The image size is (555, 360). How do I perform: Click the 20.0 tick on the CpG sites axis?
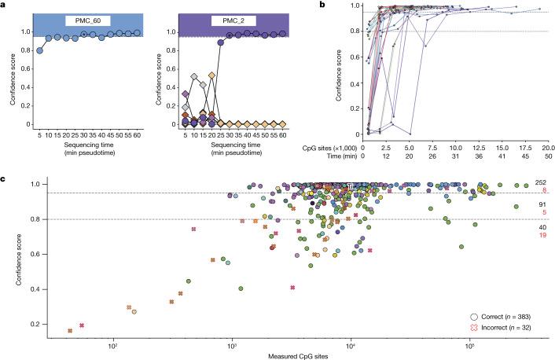548,148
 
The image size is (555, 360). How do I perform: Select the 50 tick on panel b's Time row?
548,157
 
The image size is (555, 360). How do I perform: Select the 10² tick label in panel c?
113,344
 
